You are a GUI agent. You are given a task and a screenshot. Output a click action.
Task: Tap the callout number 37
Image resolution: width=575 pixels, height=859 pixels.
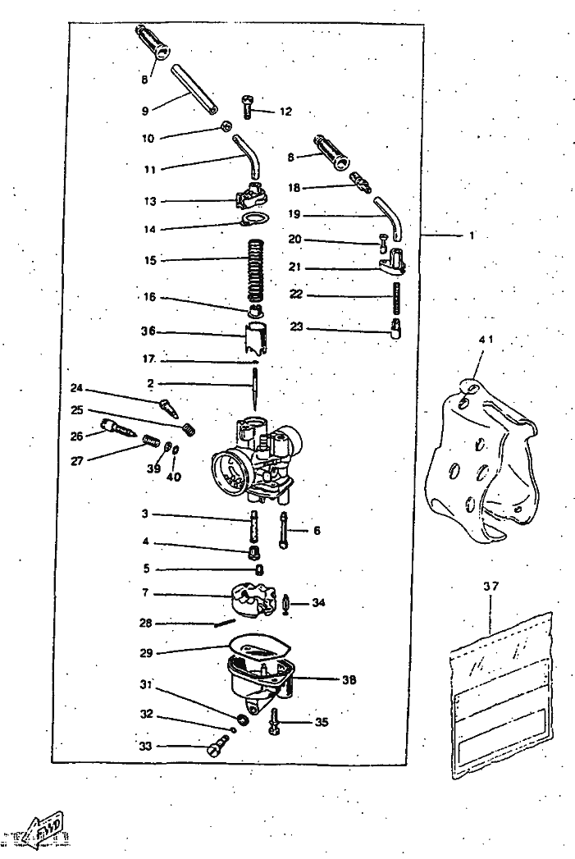pos(491,587)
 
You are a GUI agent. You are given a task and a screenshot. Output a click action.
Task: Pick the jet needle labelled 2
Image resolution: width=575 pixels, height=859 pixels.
pos(255,389)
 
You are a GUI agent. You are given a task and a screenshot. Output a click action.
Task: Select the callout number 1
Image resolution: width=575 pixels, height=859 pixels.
pos(472,235)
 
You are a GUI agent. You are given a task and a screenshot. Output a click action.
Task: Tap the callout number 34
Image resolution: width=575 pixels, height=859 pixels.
pos(318,603)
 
